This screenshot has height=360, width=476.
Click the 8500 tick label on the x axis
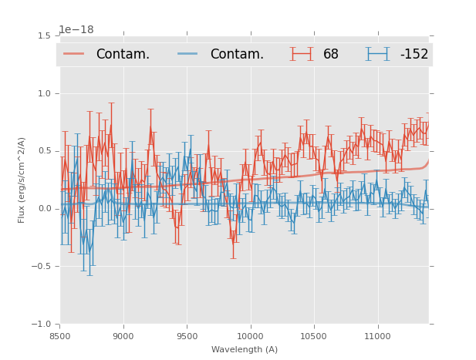(60, 335)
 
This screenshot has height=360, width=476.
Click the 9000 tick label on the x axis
(123, 335)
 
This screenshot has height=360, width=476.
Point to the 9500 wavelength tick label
(187, 335)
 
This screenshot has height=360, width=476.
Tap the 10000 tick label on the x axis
(250, 335)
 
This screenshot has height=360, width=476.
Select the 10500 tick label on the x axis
(313, 335)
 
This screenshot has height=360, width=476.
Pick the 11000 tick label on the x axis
(376, 335)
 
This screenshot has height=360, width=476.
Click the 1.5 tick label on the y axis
(44, 36)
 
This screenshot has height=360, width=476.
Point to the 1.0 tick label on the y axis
(44, 94)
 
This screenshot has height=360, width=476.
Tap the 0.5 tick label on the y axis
(44, 151)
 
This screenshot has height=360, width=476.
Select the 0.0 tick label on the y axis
(44, 209)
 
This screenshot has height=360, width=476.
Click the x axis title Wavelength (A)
(245, 349)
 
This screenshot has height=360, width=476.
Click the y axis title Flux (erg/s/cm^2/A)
(22, 180)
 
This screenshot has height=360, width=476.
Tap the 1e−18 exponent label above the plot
(76, 30)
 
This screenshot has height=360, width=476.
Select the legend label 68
(331, 55)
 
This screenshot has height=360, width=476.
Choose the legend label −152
(414, 55)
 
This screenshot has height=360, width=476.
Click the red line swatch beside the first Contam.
(74, 54)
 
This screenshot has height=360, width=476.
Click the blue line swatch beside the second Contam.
(188, 54)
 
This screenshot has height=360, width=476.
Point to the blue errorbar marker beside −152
(378, 54)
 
